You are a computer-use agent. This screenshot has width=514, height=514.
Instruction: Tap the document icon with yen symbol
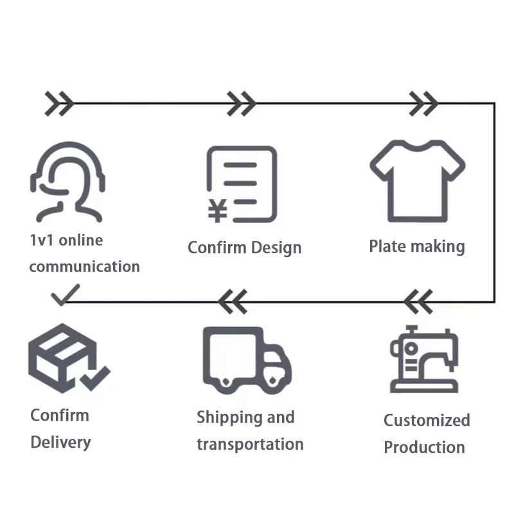242,184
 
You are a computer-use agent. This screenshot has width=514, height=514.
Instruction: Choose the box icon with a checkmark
67,360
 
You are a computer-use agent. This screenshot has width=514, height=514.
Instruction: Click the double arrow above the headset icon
59,103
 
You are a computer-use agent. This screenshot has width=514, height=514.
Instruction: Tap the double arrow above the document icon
242,103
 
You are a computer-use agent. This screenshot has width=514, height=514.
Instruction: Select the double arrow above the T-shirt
423,103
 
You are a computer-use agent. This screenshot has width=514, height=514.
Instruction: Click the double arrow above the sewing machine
418,301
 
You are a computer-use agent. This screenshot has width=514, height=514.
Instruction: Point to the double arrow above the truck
232,301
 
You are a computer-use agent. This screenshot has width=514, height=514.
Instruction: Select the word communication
84,266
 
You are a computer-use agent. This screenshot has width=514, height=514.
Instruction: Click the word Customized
427,421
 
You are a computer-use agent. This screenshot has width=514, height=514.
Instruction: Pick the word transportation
250,444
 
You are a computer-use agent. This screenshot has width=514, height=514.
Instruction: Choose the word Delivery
60,442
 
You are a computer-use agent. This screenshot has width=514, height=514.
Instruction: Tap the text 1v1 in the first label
42,240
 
